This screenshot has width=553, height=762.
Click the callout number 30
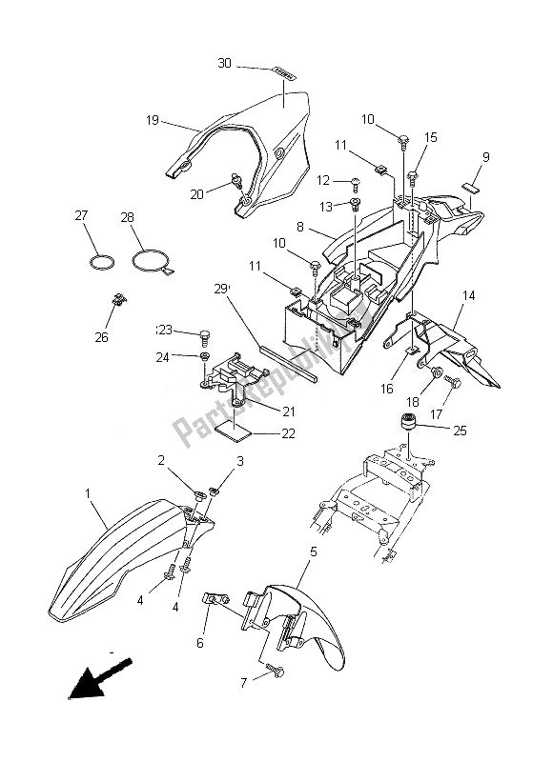[x=225, y=64]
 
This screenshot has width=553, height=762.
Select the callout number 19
[x=152, y=121]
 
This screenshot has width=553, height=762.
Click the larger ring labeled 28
[x=150, y=259]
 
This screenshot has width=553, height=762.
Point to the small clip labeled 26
[x=119, y=302]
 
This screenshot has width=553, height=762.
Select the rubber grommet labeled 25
[x=416, y=422]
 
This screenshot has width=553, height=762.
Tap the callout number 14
[x=468, y=297]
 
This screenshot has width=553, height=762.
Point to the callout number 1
[x=89, y=494]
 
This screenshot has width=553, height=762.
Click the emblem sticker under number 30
[x=282, y=70]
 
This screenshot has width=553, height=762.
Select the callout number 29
[x=222, y=289]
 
